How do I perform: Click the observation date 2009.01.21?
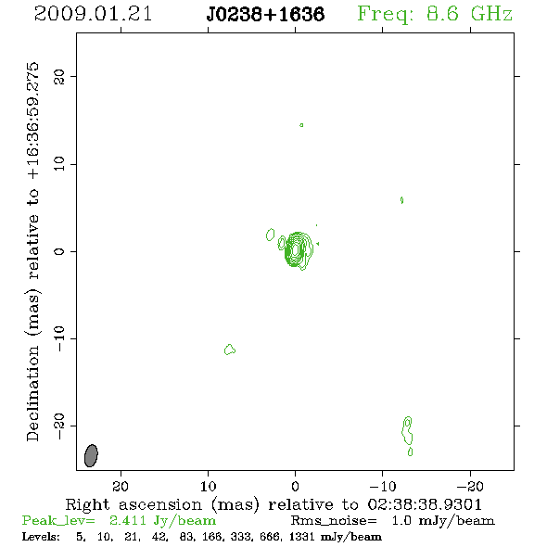tap(93, 14)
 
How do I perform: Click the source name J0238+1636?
tap(265, 15)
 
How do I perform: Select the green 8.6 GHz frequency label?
tap(435, 14)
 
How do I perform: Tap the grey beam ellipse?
tap(91, 455)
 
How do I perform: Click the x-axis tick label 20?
tap(121, 486)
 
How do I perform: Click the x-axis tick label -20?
tap(470, 486)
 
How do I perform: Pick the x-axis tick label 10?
tap(209, 486)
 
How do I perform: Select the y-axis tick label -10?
tap(59, 338)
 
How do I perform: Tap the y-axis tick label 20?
tap(59, 77)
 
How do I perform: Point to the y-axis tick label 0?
tap(59, 251)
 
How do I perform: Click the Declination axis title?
tap(32, 251)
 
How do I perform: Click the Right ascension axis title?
tap(273, 504)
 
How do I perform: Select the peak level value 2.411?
tap(128, 520)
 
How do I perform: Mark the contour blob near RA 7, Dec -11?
tap(230, 350)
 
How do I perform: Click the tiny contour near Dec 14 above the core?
tap(301, 125)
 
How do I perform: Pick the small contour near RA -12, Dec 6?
tap(401, 200)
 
